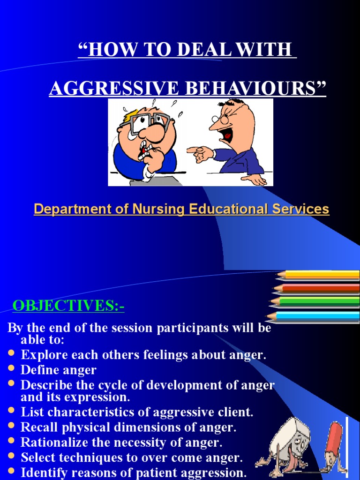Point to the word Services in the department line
click(300, 209)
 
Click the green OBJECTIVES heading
click(68, 306)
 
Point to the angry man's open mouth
click(228, 135)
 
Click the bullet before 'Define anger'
click(12, 370)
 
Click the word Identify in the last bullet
click(41, 472)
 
